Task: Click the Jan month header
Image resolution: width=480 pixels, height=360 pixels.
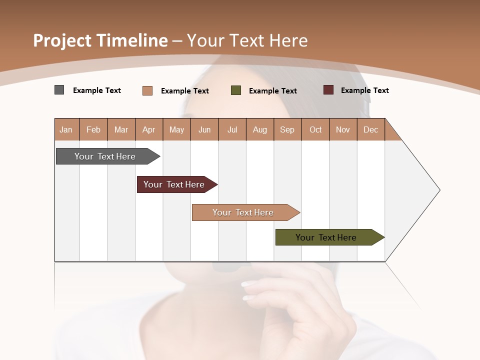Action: click(66, 129)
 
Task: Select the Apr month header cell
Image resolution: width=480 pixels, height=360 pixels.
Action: click(149, 129)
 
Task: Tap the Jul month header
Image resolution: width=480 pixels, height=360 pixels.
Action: click(232, 129)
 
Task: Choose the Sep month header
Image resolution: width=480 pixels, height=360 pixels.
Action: click(287, 129)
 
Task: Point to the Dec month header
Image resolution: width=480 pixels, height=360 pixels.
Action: click(371, 129)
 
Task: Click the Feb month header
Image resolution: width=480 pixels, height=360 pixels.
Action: click(93, 129)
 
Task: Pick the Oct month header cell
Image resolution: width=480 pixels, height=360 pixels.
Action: click(315, 129)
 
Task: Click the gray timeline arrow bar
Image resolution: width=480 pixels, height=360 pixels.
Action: click(105, 156)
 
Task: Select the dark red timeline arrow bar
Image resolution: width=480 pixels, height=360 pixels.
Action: click(174, 184)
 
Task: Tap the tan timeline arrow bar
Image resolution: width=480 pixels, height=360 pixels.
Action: click(243, 212)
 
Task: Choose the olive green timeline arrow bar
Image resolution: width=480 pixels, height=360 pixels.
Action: click(326, 237)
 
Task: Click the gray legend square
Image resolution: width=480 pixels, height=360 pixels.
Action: click(59, 90)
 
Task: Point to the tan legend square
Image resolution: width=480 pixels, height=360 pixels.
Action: click(147, 90)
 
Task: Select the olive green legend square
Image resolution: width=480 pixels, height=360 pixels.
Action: click(236, 90)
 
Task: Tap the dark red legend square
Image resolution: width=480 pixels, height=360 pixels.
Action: click(328, 90)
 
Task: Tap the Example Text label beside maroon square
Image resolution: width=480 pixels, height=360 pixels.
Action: click(364, 90)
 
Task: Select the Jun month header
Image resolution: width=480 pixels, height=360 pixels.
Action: click(204, 129)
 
